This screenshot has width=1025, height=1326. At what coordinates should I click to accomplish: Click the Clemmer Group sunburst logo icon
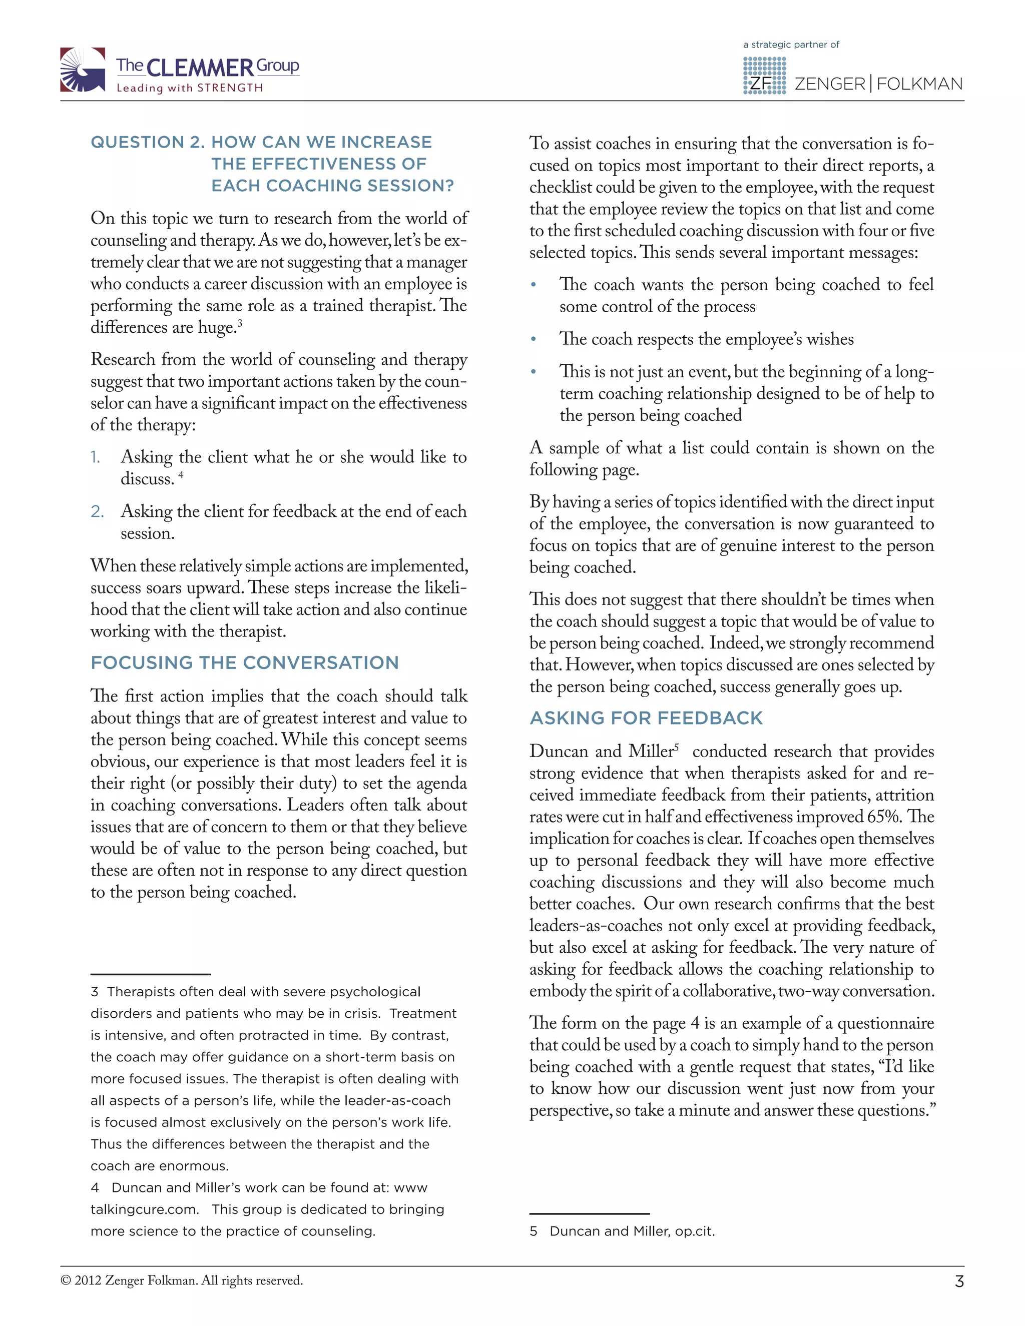pyautogui.click(x=83, y=70)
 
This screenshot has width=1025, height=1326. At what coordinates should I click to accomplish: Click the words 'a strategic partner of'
pyautogui.click(x=791, y=45)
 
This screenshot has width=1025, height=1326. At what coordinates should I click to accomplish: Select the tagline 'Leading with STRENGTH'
pyautogui.click(x=190, y=88)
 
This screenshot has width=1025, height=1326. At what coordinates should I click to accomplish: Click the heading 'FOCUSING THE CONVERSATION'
pyautogui.click(x=245, y=662)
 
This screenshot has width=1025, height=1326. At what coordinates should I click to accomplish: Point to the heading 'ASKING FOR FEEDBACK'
pyautogui.click(x=646, y=718)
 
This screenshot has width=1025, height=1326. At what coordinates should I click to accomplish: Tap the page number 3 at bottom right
pyautogui.click(x=959, y=1281)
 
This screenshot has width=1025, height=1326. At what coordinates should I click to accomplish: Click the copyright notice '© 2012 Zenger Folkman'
pyautogui.click(x=182, y=1280)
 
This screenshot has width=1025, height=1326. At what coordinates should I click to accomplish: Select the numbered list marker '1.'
pyautogui.click(x=96, y=457)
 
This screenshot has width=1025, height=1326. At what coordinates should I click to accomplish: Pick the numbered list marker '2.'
pyautogui.click(x=97, y=511)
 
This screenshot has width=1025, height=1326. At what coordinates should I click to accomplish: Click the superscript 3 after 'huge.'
pyautogui.click(x=240, y=323)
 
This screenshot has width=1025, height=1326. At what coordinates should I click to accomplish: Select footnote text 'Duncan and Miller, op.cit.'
pyautogui.click(x=632, y=1231)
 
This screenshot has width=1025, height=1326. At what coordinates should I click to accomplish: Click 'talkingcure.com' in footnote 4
pyautogui.click(x=144, y=1209)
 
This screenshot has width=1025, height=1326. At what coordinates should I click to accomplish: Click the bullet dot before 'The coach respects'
pyautogui.click(x=533, y=339)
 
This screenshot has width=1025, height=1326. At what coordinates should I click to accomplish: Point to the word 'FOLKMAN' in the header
pyautogui.click(x=919, y=84)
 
